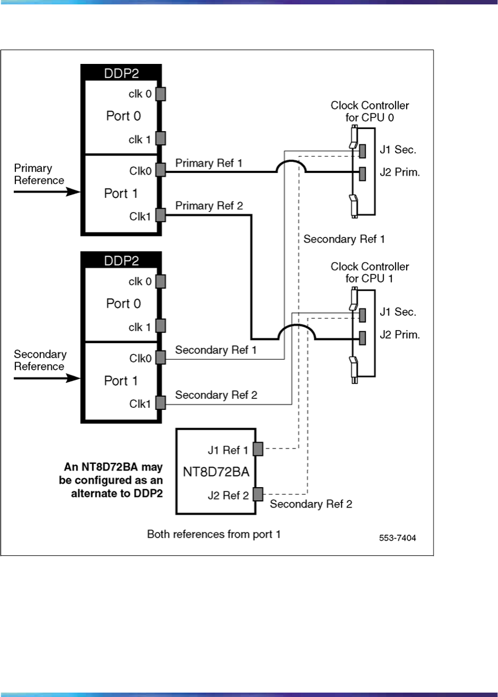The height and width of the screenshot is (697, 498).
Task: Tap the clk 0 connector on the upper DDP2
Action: [161, 94]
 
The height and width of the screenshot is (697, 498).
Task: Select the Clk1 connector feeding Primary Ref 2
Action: [161, 215]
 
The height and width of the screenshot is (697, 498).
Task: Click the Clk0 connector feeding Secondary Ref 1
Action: [161, 358]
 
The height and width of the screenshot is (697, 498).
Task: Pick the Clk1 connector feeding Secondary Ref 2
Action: [161, 403]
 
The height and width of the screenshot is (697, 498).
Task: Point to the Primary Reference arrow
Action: [47, 192]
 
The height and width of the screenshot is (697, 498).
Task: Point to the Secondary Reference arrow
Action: [47, 379]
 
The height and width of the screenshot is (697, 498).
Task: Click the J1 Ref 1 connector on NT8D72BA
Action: [258, 449]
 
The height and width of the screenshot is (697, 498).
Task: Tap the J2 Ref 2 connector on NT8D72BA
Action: [258, 494]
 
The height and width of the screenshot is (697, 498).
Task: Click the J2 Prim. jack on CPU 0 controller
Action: [363, 173]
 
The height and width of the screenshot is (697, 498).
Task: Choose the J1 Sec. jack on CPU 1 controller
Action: [363, 315]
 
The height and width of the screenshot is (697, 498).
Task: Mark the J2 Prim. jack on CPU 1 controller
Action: [363, 336]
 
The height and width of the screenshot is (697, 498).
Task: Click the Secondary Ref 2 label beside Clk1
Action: [216, 395]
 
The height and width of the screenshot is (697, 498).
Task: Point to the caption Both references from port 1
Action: [214, 534]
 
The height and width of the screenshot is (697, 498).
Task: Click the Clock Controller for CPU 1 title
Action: [370, 272]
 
